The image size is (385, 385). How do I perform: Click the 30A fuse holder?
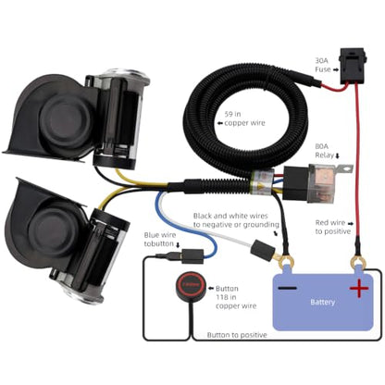pyautogui.click(x=352, y=66)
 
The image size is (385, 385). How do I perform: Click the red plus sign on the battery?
pyautogui.click(x=359, y=289)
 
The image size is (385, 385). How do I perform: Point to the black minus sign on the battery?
pyautogui.click(x=287, y=289)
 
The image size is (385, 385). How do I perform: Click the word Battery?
pyautogui.click(x=323, y=302)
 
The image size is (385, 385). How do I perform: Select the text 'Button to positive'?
pyautogui.click(x=237, y=335)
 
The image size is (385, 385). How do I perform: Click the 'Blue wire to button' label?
pyautogui.click(x=159, y=240)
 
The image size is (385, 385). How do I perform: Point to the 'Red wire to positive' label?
pyautogui.click(x=333, y=227)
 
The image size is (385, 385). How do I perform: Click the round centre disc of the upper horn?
pyautogui.click(x=66, y=118)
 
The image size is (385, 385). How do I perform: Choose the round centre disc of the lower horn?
pyautogui.click(x=55, y=230)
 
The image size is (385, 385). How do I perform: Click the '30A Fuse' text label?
pyautogui.click(x=323, y=65)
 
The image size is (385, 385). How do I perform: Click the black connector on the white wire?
pyautogui.click(x=262, y=249)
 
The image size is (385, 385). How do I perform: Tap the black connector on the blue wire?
pyautogui.click(x=192, y=255)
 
